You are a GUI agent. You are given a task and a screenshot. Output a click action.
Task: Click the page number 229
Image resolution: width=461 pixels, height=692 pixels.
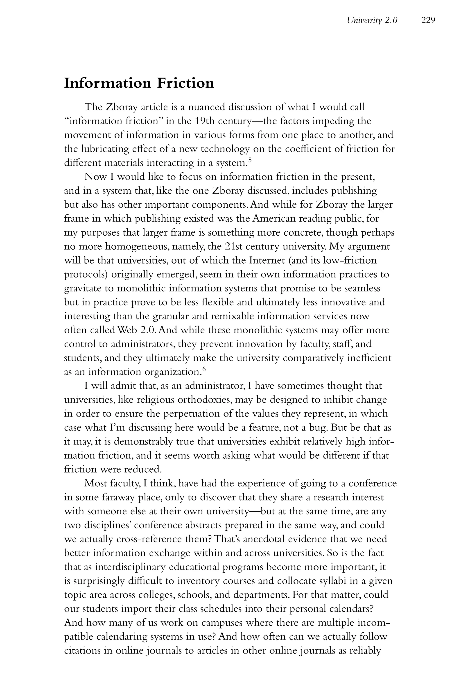tap(428, 20)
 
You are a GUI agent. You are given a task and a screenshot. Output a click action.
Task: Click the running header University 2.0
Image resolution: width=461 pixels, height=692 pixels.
tap(372, 20)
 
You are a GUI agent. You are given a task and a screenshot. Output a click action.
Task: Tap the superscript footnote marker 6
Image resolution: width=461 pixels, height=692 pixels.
tap(204, 369)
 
